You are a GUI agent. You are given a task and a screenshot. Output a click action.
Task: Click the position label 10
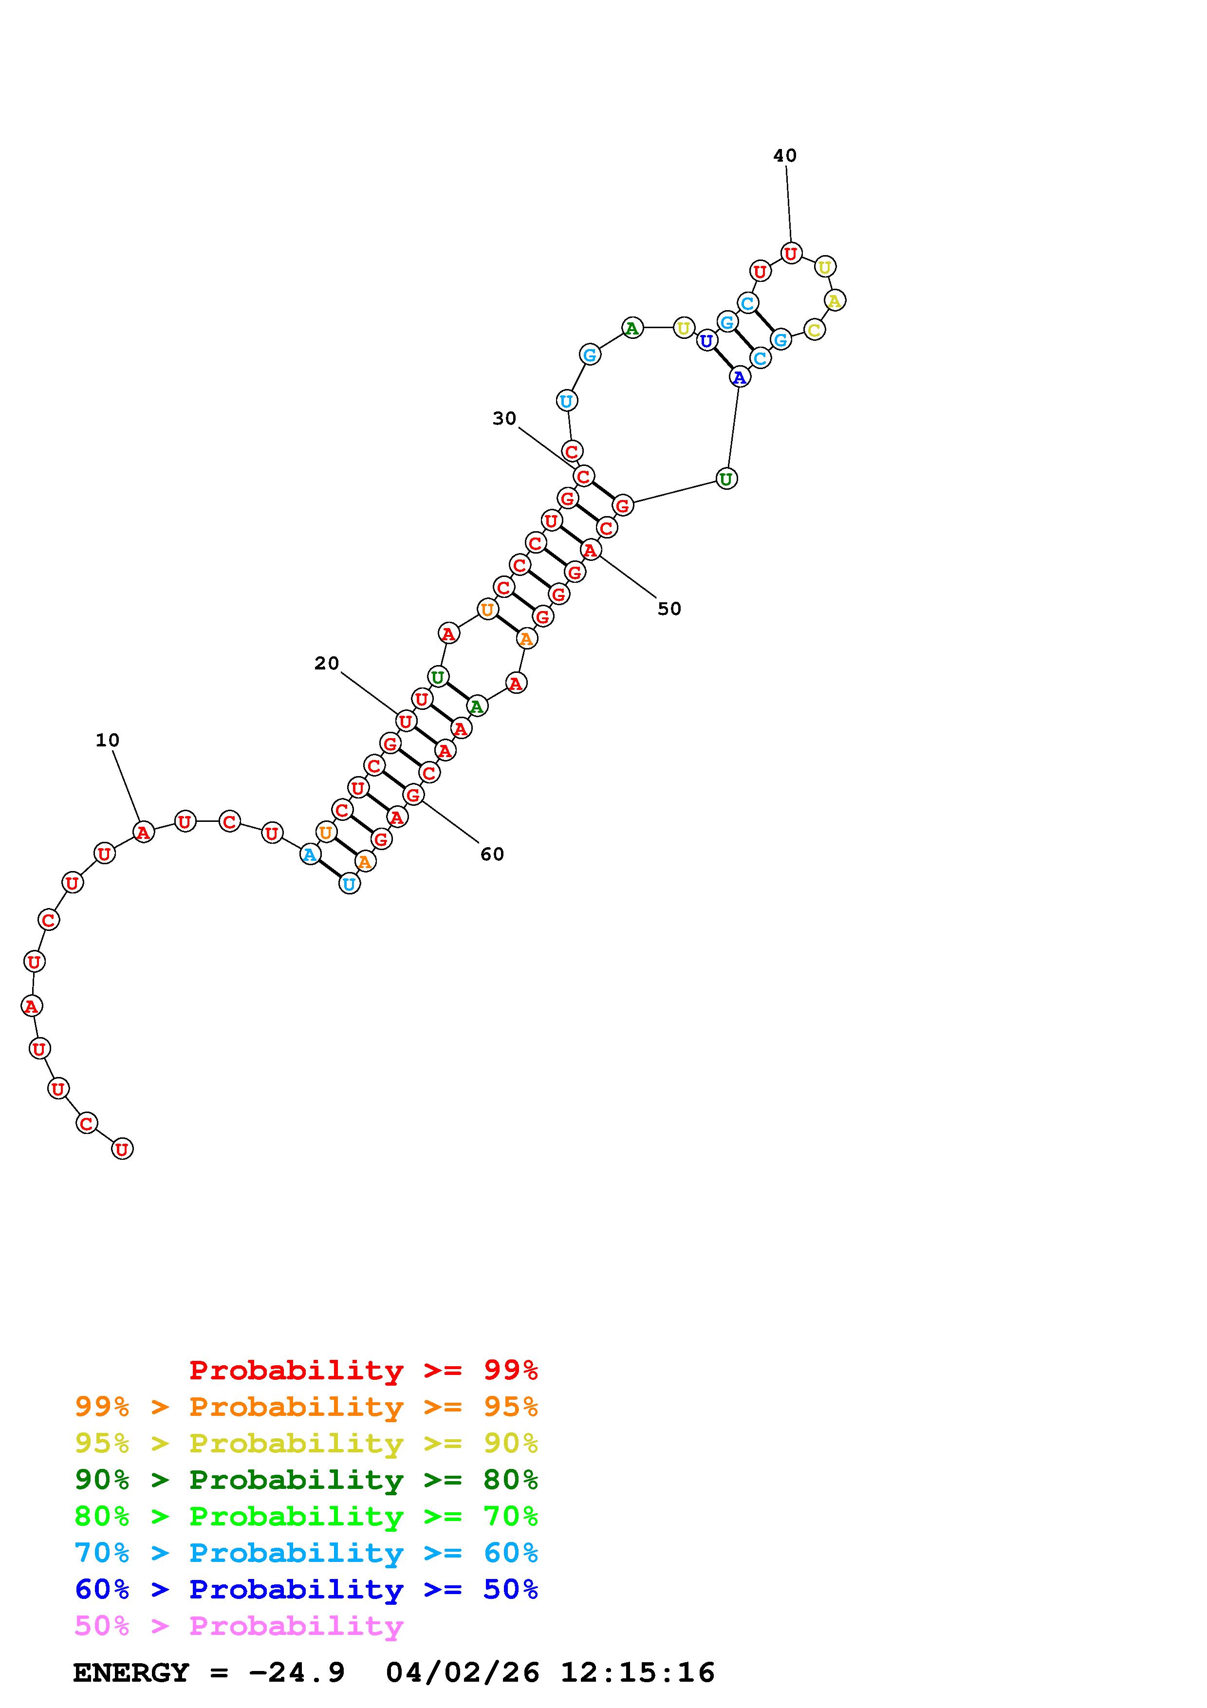[107, 740]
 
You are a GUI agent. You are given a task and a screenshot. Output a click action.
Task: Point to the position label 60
[492, 854]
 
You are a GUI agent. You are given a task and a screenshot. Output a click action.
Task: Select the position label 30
[504, 418]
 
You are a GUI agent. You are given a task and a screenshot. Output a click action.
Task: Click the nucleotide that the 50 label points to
[591, 550]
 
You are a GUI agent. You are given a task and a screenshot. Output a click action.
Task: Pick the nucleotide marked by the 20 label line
[405, 721]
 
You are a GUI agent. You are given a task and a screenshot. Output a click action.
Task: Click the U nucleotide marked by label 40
[791, 254]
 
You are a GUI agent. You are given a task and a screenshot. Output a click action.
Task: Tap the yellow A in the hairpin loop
[835, 300]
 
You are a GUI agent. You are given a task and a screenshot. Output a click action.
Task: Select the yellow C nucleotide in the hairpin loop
[815, 330]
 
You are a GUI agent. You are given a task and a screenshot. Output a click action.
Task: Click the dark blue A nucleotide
[739, 377]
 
